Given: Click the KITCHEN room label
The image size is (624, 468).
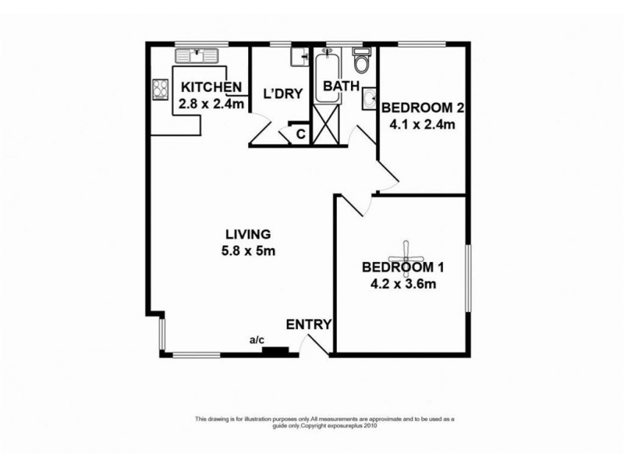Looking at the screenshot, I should coord(208,88).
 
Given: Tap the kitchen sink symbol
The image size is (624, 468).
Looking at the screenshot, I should coord(197,55).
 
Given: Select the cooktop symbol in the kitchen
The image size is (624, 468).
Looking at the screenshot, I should coord(161,90).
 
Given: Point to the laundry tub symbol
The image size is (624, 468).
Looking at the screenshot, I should coord(300,57).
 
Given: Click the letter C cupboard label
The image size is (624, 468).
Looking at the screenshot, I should coord(300,134).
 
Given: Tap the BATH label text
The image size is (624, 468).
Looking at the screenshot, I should coord(341,87).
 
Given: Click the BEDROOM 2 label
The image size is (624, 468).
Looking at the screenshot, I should coord(418,108).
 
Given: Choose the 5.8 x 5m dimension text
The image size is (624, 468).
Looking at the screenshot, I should coord(247,251).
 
